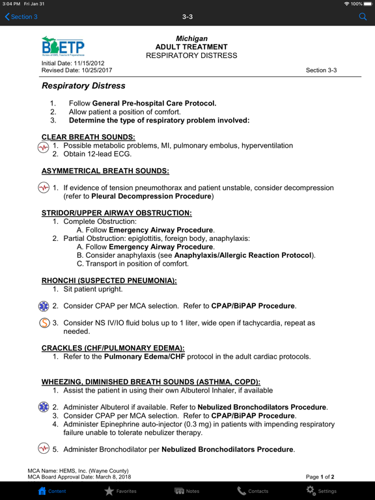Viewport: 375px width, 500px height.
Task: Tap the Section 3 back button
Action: pyautogui.click(x=21, y=17)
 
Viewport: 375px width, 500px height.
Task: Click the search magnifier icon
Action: pyautogui.click(x=363, y=17)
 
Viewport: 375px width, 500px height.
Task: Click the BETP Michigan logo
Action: pyautogui.click(x=62, y=48)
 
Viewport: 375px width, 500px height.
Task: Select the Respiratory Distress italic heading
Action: pyautogui.click(x=83, y=86)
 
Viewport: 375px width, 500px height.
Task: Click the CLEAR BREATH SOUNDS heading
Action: pyautogui.click(x=88, y=137)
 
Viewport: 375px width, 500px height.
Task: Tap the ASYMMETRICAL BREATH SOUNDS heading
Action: pyautogui.click(x=105, y=171)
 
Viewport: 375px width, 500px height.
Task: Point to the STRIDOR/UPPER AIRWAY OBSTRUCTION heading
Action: pyautogui.click(x=116, y=213)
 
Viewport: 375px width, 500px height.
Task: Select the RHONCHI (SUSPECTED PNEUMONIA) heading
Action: pyautogui.click(x=109, y=281)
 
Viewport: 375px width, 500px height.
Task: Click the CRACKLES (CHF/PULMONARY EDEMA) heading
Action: pyautogui.click(x=113, y=348)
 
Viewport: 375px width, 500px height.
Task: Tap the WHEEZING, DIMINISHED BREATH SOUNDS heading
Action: pyautogui.click(x=150, y=382)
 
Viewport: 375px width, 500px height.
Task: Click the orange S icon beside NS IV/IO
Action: pyautogui.click(x=44, y=323)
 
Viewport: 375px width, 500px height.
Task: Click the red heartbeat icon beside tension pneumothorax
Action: pyautogui.click(x=44, y=188)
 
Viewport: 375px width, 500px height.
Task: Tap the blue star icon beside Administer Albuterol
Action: pyautogui.click(x=44, y=407)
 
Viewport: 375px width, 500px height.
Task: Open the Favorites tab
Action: pyautogui.click(x=120, y=491)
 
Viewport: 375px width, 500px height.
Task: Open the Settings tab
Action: pyautogui.click(x=321, y=491)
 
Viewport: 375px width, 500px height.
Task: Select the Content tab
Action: pyautogui.click(x=51, y=491)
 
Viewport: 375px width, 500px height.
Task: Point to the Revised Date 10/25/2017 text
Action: pyautogui.click(x=77, y=70)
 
